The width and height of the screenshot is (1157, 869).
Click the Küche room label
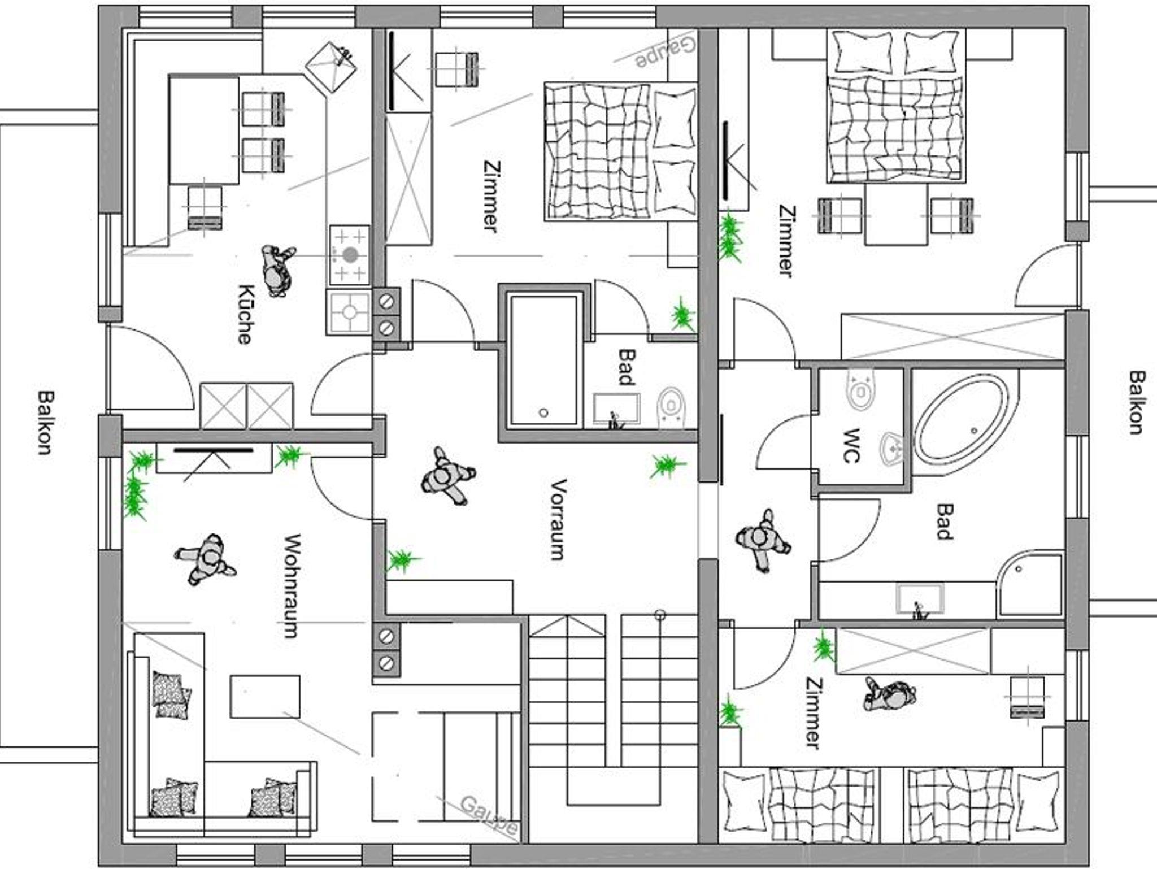243,314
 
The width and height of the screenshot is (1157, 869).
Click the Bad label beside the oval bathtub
943,521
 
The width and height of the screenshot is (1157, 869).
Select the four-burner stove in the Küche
350,255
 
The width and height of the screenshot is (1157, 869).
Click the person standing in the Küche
277,271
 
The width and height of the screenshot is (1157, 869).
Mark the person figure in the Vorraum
447,476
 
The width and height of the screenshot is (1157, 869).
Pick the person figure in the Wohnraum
205,559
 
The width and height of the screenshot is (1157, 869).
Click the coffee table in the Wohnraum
264,697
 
